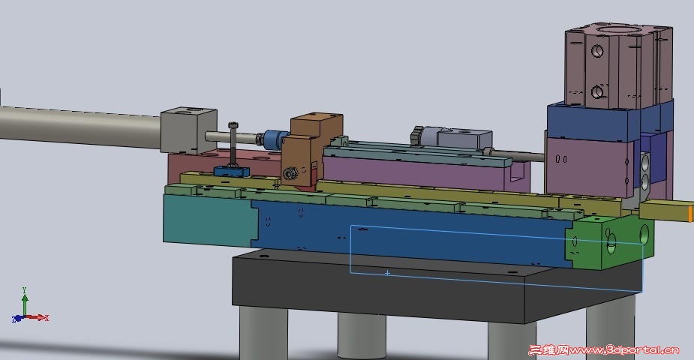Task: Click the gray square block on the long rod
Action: [188, 130]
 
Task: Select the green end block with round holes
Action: [611, 242]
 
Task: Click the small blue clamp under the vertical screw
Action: [231, 171]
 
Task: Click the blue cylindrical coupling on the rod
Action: [275, 139]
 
